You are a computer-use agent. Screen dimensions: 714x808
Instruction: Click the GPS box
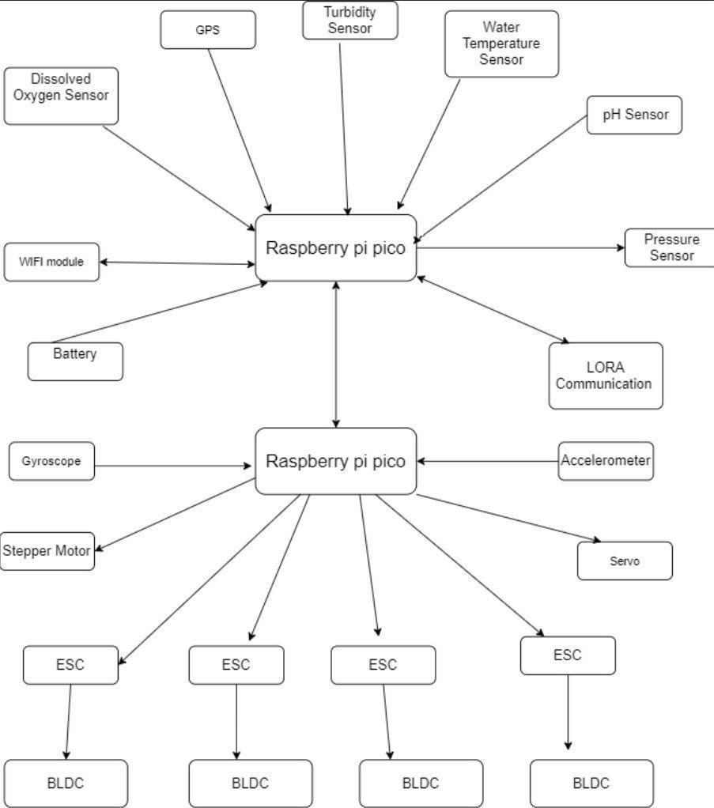point(208,30)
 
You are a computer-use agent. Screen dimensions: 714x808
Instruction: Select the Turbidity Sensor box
point(350,20)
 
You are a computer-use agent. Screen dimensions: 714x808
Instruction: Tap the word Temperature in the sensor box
point(501,43)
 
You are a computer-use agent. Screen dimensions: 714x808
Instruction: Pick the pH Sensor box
point(634,115)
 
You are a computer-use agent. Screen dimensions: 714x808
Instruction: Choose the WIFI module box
point(51,262)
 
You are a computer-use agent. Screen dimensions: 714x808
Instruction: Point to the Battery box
point(75,362)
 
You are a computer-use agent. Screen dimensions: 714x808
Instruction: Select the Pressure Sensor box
point(670,248)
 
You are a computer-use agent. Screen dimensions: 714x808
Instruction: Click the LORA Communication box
point(606,376)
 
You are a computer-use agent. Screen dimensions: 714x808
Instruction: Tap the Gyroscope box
point(51,461)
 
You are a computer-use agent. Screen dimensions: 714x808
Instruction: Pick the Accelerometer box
point(606,461)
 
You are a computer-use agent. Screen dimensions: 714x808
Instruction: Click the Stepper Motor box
point(47,551)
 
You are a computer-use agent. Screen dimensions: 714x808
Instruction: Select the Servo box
point(625,561)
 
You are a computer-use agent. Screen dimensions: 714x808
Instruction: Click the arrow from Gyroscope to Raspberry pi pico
point(173,466)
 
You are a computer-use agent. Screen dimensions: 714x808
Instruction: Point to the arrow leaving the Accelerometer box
point(488,461)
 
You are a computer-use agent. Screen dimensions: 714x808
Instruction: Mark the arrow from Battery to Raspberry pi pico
point(160,312)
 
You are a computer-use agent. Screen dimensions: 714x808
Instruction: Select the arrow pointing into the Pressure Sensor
point(521,248)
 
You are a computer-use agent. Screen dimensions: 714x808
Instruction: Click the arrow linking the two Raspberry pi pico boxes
point(336,354)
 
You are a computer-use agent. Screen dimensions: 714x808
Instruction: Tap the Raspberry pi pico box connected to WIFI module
point(336,248)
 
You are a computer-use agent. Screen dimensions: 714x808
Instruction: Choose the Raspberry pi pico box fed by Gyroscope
point(336,461)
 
